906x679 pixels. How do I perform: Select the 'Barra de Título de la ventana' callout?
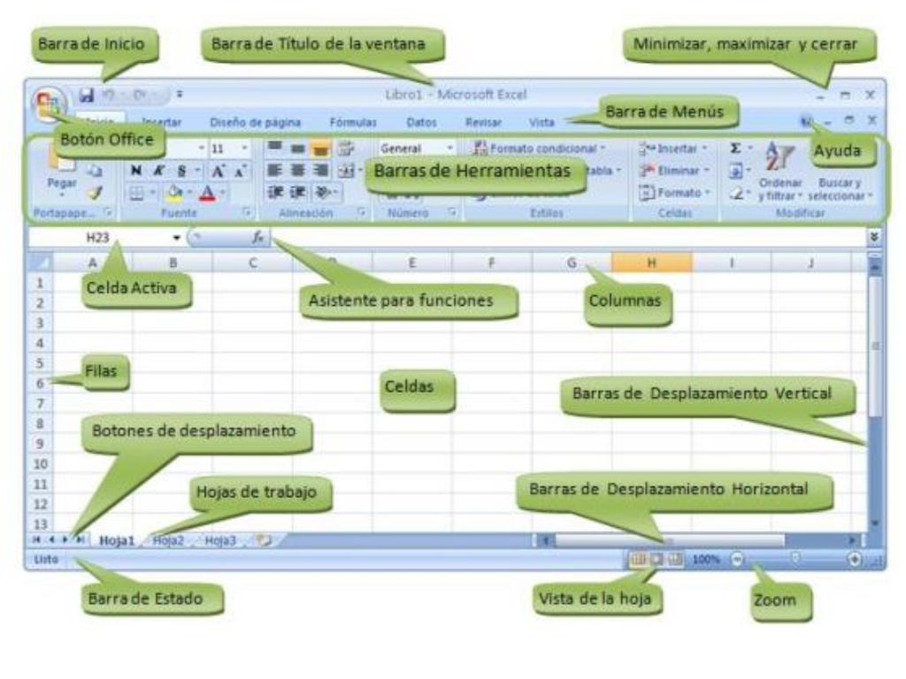[x=322, y=43]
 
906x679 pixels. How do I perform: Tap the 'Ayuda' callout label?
[x=837, y=150]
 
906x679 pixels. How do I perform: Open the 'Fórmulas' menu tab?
[x=353, y=123]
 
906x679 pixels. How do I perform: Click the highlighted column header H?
[x=651, y=263]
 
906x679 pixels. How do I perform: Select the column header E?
[x=412, y=263]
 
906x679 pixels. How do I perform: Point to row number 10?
[x=39, y=463]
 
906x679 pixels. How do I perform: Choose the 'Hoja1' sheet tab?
[x=117, y=541]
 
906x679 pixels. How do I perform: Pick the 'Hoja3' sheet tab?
[x=220, y=541]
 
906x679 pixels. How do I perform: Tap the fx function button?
[x=258, y=237]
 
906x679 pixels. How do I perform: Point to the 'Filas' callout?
[x=106, y=372]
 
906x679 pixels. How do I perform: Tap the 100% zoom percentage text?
[x=706, y=559]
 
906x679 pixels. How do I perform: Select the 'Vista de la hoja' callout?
[x=595, y=599]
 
